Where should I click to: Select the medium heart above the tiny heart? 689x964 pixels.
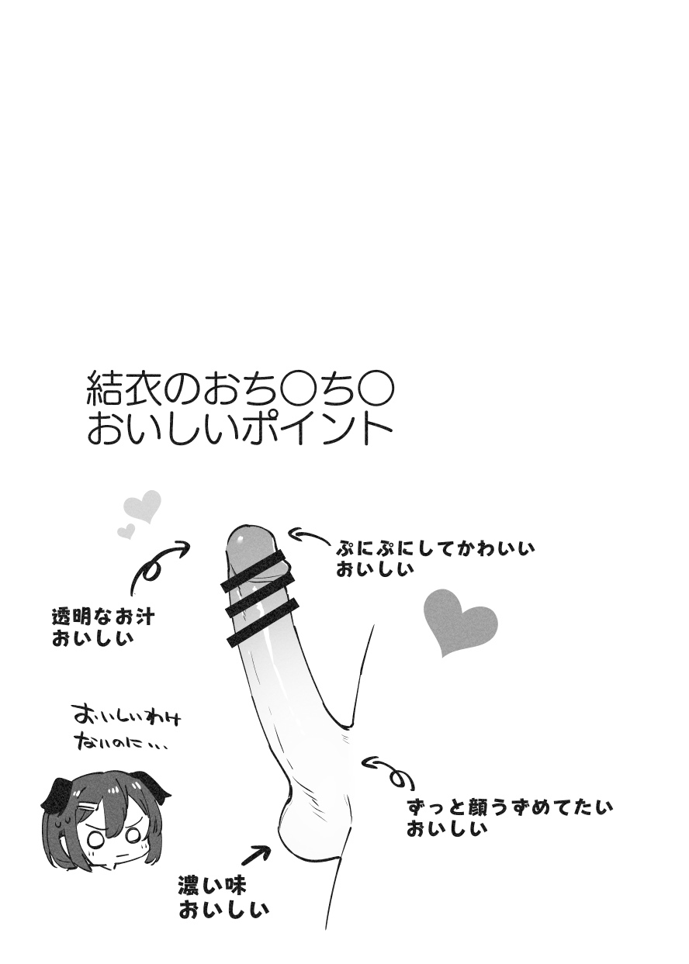tap(143, 506)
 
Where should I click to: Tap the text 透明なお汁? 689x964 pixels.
tap(102, 617)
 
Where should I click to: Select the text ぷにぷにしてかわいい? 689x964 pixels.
tap(435, 549)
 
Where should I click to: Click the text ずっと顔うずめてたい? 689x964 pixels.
tap(509, 807)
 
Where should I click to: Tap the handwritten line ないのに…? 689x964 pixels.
tap(120, 744)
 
